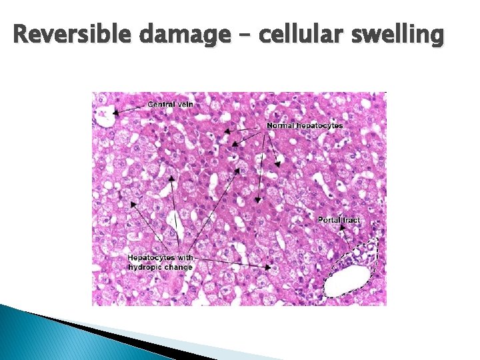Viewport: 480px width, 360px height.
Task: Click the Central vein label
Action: (171, 104)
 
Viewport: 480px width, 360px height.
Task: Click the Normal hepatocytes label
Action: (305, 125)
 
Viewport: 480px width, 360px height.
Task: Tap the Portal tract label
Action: (339, 219)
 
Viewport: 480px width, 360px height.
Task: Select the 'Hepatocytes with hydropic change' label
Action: (161, 262)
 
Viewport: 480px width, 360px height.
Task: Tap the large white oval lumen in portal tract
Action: (346, 281)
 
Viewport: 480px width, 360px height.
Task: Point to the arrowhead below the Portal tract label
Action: (343, 228)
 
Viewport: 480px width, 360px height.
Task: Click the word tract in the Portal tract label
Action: (351, 219)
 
